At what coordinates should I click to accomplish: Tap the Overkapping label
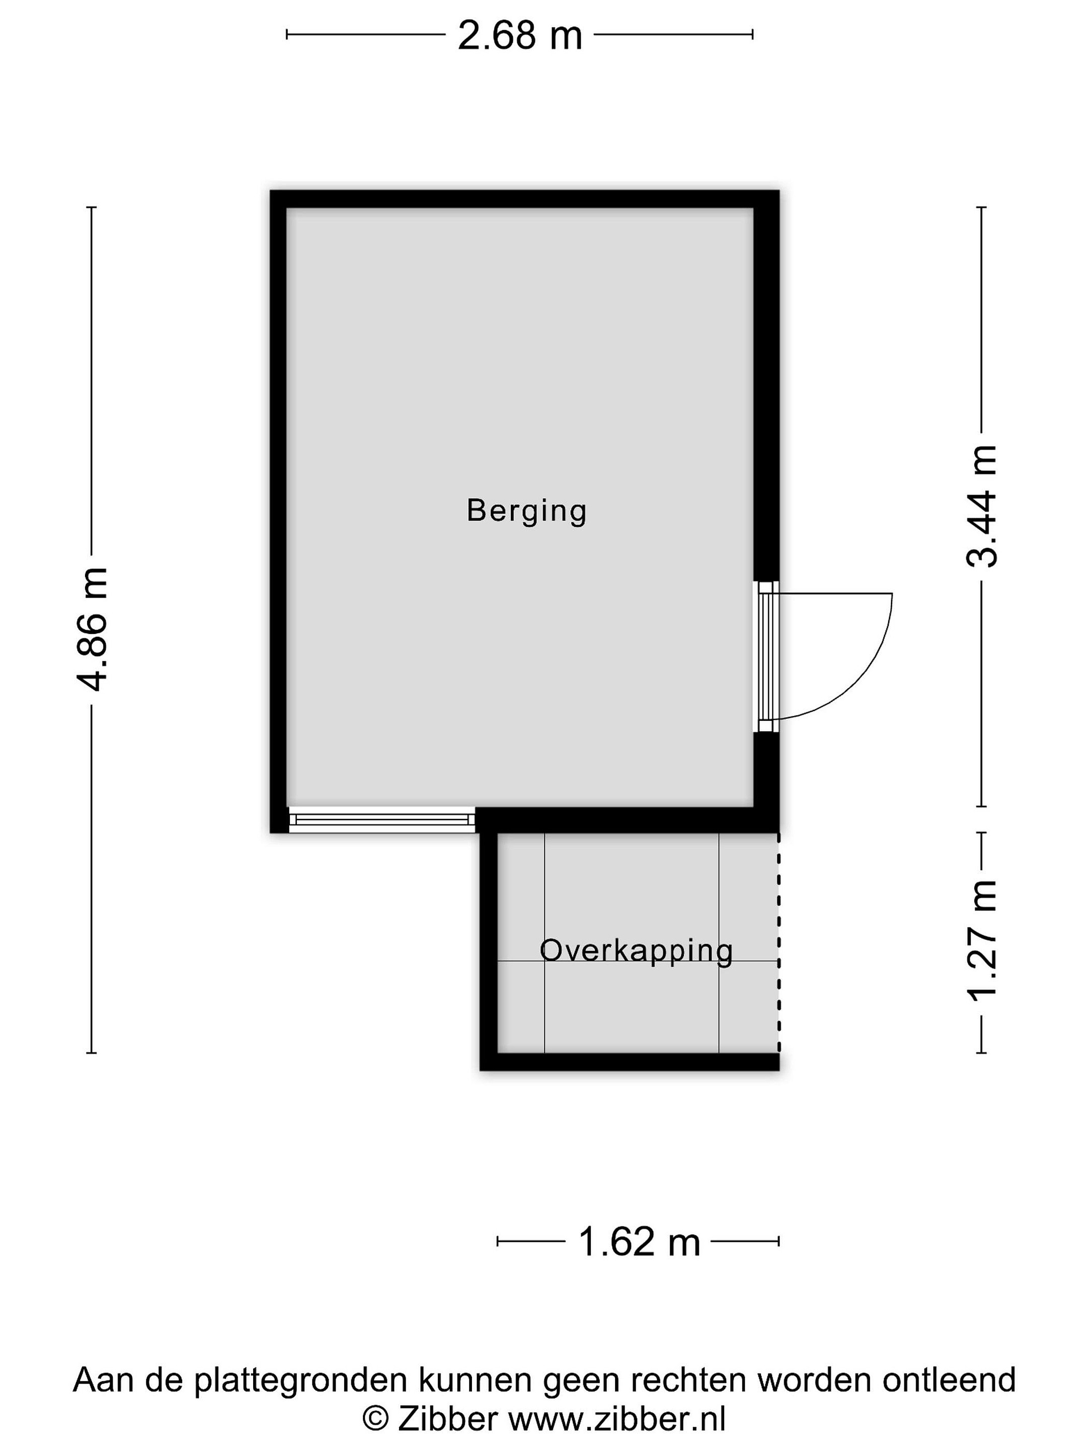point(636,951)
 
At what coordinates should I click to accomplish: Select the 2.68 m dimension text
point(519,36)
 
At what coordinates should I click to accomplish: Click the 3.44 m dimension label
point(981,505)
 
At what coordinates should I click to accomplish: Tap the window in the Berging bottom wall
point(382,819)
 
